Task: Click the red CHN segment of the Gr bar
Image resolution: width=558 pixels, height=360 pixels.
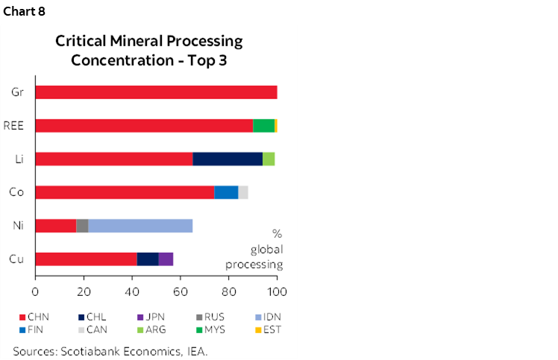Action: [x=156, y=92]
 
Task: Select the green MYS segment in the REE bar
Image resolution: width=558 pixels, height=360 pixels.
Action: [x=263, y=125]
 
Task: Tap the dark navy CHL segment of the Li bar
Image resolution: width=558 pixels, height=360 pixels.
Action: [x=228, y=159]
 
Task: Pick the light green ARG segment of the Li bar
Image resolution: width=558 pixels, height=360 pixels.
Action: [x=269, y=159]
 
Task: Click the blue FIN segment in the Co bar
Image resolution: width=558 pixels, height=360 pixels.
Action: [x=226, y=192]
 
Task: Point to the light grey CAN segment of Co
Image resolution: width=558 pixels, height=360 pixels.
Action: [x=243, y=192]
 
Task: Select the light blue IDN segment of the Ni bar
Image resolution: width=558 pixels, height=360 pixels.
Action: [x=140, y=226]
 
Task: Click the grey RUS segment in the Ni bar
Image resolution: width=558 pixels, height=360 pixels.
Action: [x=82, y=226]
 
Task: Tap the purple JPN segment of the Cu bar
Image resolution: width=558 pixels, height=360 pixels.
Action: [x=166, y=259]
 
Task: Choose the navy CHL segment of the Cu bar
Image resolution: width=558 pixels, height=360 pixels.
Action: [x=147, y=259]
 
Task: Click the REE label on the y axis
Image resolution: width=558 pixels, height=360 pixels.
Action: [x=15, y=125]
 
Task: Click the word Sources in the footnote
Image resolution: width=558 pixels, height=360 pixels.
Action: [x=34, y=350]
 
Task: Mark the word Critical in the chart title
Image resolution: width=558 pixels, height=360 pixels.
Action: [x=80, y=42]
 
